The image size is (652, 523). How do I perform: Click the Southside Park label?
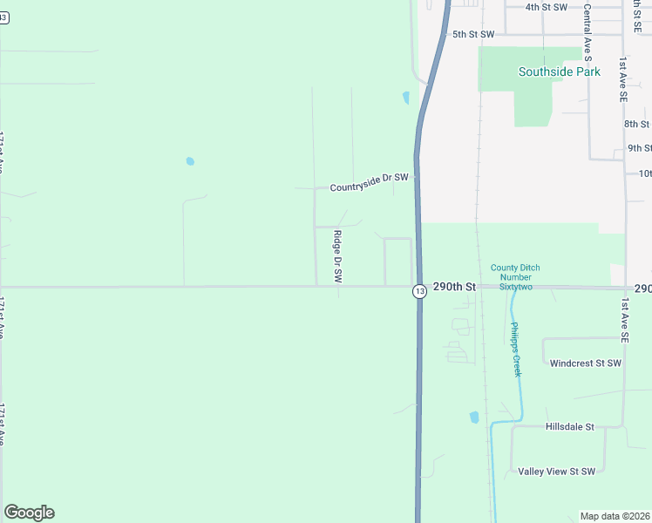(559, 71)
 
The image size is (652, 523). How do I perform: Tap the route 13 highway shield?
(420, 291)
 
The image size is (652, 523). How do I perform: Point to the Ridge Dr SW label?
(337, 255)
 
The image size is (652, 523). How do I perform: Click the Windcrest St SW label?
(585, 363)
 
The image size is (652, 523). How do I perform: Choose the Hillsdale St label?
(569, 427)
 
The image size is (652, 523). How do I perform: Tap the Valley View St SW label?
(556, 472)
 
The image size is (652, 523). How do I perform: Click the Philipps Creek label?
(516, 349)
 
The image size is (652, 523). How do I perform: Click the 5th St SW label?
(473, 34)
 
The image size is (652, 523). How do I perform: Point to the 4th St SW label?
(547, 7)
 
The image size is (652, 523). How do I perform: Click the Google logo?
(29, 513)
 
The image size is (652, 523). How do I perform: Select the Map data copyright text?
(615, 516)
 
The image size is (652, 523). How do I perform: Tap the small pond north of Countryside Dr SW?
(405, 98)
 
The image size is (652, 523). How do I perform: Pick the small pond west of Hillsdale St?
(474, 418)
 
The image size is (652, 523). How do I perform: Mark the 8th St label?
(637, 124)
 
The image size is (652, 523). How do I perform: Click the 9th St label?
(639, 148)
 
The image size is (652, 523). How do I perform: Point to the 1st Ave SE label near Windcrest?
(624, 319)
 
